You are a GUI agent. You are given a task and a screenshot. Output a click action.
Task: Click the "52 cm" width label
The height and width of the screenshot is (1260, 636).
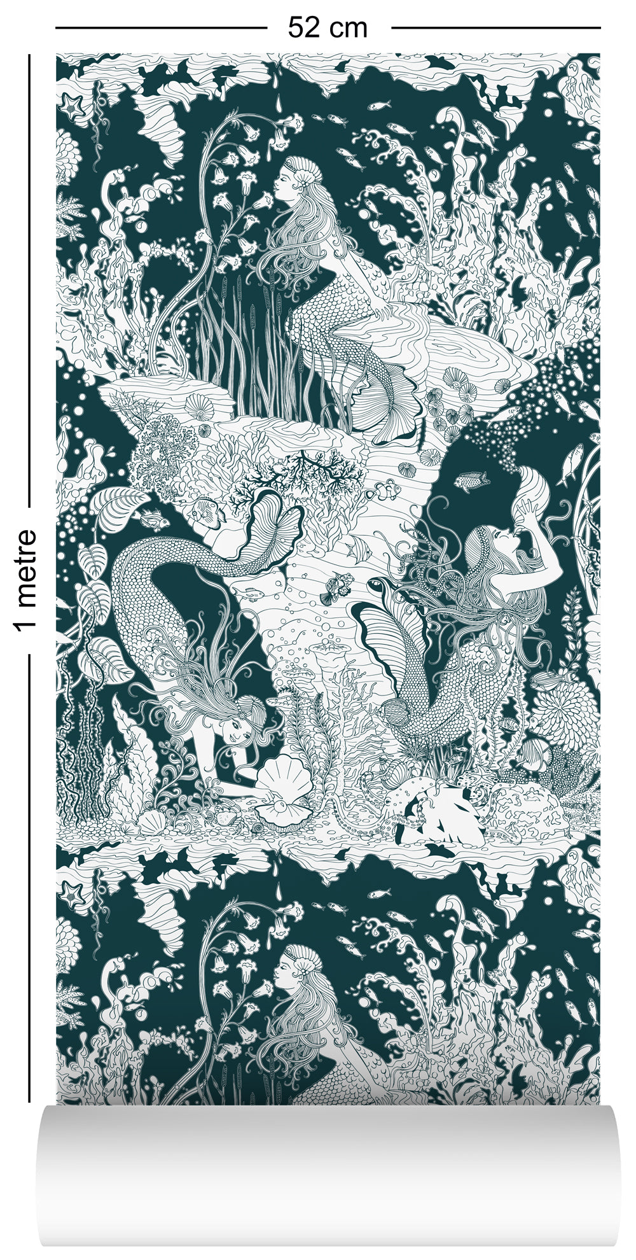pos(328,27)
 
